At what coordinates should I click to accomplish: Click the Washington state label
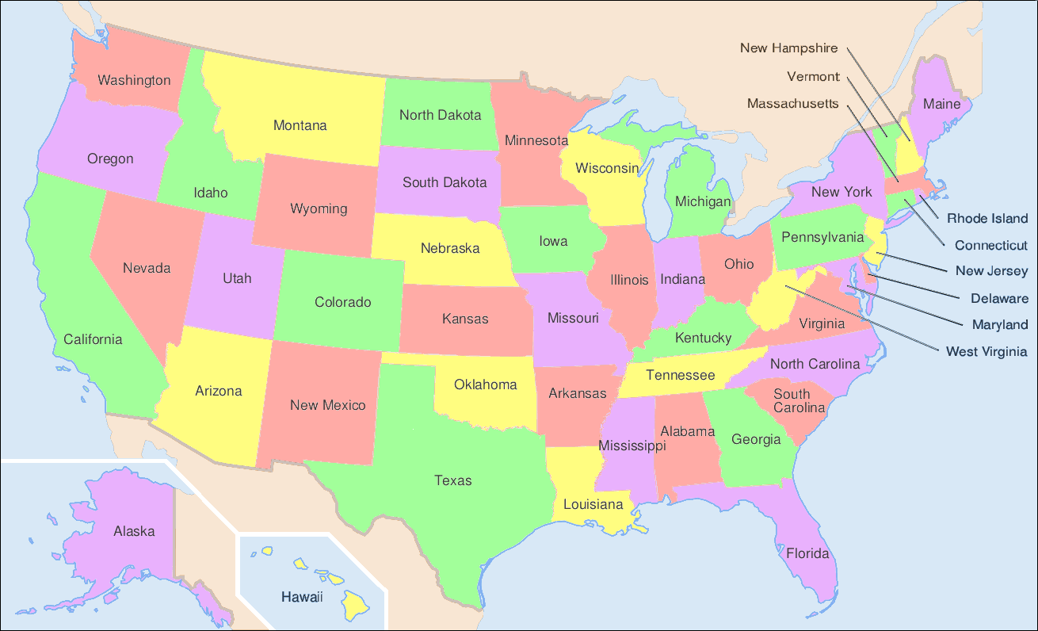pyautogui.click(x=134, y=80)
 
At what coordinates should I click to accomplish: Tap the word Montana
pyautogui.click(x=300, y=125)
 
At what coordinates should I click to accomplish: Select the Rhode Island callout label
pyautogui.click(x=987, y=218)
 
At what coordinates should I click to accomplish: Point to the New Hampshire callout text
pyautogui.click(x=788, y=48)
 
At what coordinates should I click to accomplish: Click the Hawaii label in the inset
pyautogui.click(x=302, y=597)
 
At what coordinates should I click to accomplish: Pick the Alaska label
pyautogui.click(x=134, y=531)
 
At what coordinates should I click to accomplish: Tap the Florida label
pyautogui.click(x=807, y=553)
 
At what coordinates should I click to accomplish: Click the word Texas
pyautogui.click(x=452, y=480)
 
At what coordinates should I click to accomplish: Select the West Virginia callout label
pyautogui.click(x=986, y=351)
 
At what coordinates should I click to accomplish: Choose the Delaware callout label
pyautogui.click(x=999, y=299)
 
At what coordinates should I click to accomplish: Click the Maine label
pyautogui.click(x=941, y=104)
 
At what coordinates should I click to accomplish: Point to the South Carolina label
pyautogui.click(x=799, y=400)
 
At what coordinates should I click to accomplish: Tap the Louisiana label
pyautogui.click(x=593, y=504)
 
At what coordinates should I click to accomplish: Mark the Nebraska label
pyautogui.click(x=450, y=248)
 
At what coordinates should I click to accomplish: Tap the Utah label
pyautogui.click(x=237, y=278)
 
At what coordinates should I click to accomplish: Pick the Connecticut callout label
pyautogui.click(x=990, y=246)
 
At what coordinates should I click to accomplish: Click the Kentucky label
pyautogui.click(x=703, y=338)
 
